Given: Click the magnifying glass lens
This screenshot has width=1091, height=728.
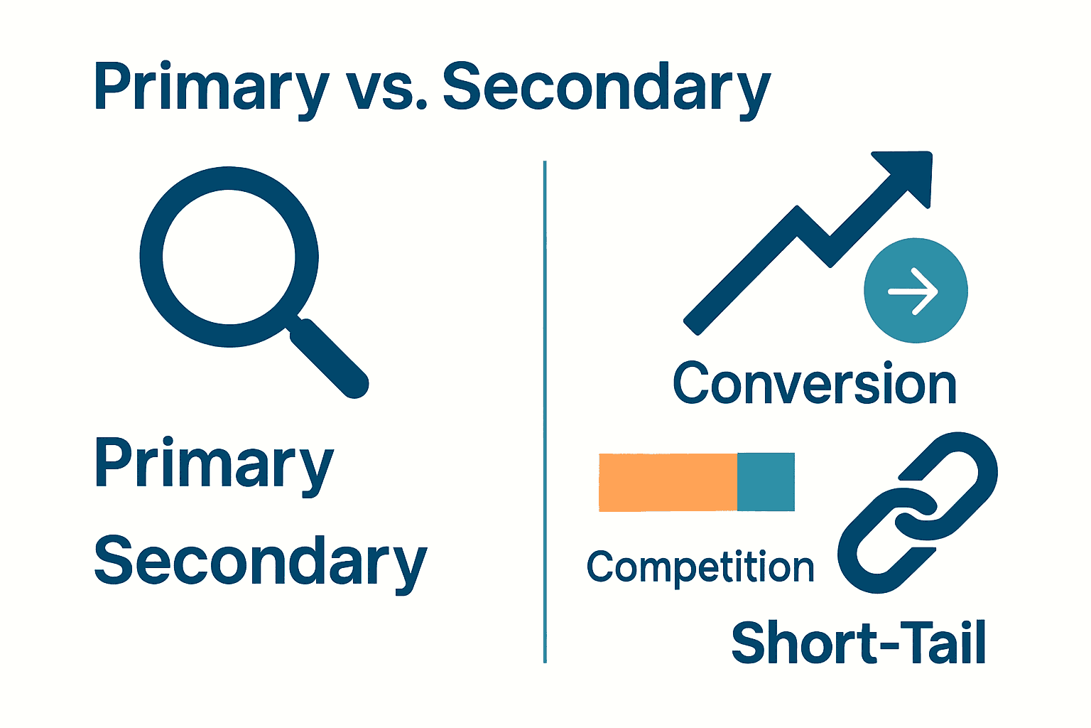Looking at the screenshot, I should pyautogui.click(x=229, y=257).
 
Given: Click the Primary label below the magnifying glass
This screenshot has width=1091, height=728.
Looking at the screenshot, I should pyautogui.click(x=213, y=464).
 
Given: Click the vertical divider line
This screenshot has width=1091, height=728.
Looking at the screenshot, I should pyautogui.click(x=545, y=412).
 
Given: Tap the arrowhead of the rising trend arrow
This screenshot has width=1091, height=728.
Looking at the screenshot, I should pyautogui.click(x=909, y=173).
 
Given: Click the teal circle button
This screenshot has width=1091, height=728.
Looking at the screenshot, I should pyautogui.click(x=916, y=291).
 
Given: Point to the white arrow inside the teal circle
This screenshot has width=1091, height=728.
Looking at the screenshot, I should pyautogui.click(x=914, y=291).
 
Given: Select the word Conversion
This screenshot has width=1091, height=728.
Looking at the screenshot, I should pyautogui.click(x=815, y=384).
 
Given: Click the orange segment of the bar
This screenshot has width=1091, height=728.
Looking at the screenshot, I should pyautogui.click(x=668, y=482).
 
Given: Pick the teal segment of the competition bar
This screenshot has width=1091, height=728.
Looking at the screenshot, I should pyautogui.click(x=766, y=482).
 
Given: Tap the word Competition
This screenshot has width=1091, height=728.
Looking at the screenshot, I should pyautogui.click(x=700, y=567).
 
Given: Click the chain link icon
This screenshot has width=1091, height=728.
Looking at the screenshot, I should pyautogui.click(x=918, y=512).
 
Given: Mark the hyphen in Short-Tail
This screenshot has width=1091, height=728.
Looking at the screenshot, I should pyautogui.click(x=882, y=647).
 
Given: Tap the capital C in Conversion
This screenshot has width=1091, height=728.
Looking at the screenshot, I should pyautogui.click(x=692, y=384).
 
